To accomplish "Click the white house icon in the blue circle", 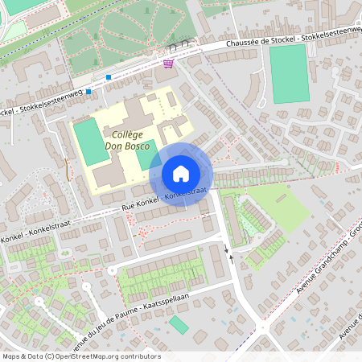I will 180,173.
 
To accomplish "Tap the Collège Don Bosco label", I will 133,141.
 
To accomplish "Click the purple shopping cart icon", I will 168,64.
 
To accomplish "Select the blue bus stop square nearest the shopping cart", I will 109,77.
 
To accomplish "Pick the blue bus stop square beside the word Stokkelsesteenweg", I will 88,92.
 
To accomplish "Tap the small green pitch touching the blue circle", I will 146,154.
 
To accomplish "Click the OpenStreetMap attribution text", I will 80,356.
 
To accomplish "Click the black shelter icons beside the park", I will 187,43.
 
